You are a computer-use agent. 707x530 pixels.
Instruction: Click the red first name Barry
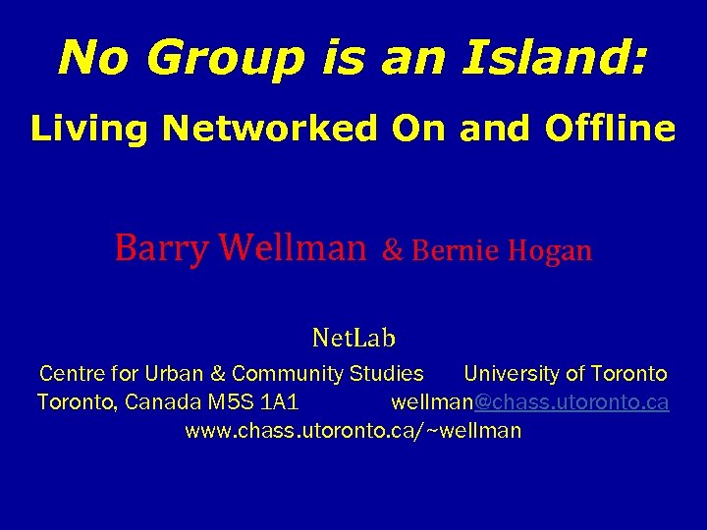point(159,249)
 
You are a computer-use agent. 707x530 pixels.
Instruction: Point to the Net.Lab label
point(353,339)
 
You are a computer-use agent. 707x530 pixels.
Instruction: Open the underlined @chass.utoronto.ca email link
point(571,402)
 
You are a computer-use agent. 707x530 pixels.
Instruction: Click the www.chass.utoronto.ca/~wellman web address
point(353,430)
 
